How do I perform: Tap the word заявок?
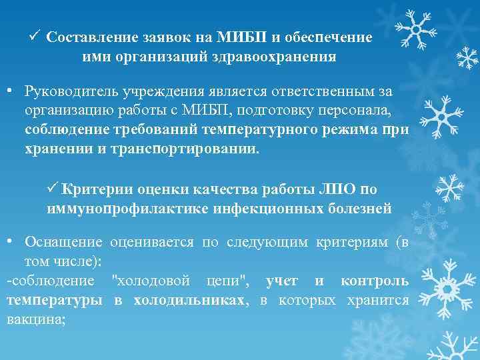pos(167,38)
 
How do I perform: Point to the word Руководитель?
pos(67,91)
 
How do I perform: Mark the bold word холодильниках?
pos(190,300)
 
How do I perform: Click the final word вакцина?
pos(35,319)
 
